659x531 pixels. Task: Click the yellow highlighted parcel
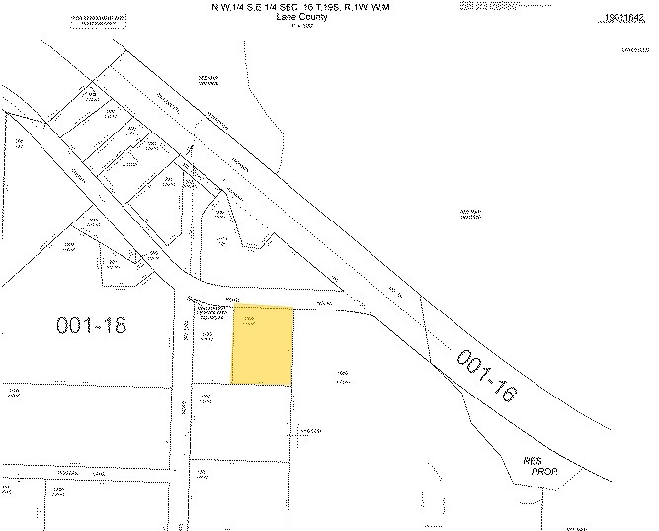tap(263, 346)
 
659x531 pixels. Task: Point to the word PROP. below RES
tap(545, 472)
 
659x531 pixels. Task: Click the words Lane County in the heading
tap(292, 16)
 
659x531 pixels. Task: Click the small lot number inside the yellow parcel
tap(251, 321)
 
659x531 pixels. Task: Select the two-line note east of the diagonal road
tap(469, 215)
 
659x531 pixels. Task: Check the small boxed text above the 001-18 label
tap(210, 312)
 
